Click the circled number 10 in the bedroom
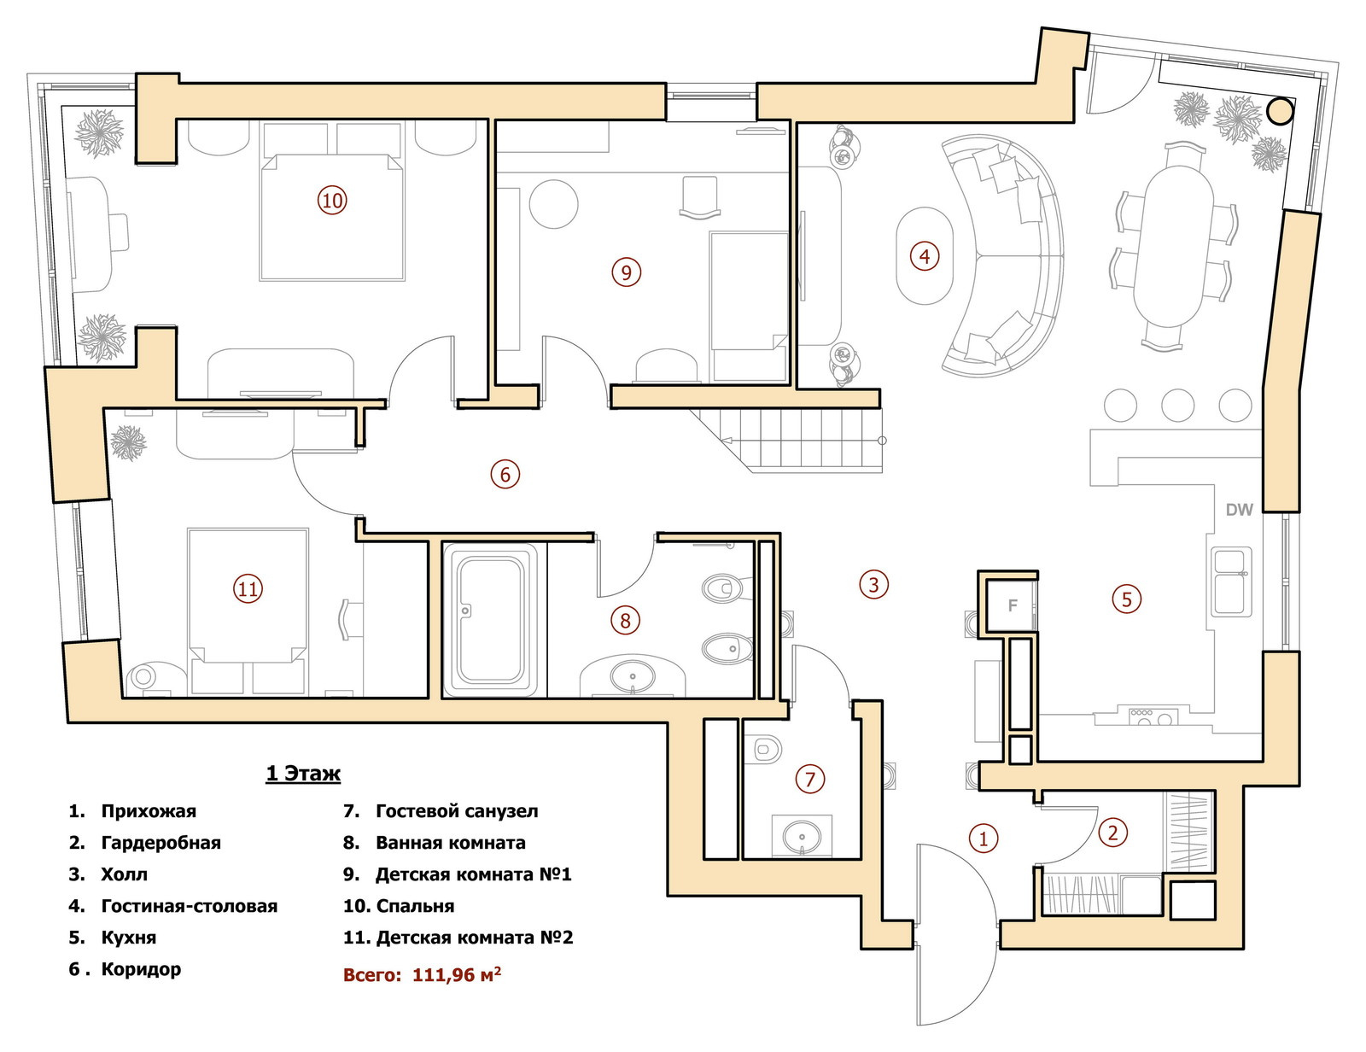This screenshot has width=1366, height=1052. point(332,201)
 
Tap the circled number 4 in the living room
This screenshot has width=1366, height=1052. point(924,256)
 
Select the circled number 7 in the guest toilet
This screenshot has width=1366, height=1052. point(809,780)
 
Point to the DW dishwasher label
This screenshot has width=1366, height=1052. point(1239,511)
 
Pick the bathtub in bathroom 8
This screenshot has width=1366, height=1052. point(490,620)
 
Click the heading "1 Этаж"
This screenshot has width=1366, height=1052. point(303,773)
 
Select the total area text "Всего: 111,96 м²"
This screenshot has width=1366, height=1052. point(423,974)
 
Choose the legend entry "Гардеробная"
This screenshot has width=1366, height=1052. point(161,843)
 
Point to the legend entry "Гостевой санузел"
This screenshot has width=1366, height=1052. point(457,811)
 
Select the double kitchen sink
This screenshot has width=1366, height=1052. point(1231,582)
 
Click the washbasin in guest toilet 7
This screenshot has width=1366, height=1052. point(803,837)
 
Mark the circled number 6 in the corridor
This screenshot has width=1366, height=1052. point(505,474)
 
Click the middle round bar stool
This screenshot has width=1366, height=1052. point(1177,406)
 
